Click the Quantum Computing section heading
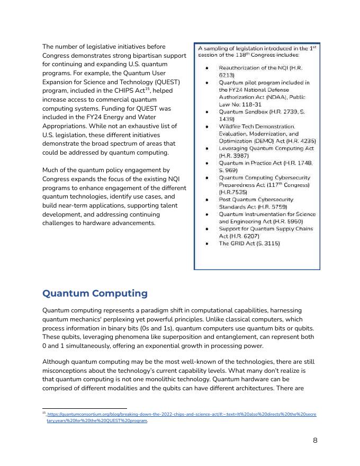tap(94, 293)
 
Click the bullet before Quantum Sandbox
tap(206, 112)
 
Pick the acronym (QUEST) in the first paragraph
tap(166, 82)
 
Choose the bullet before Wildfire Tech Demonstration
tap(206, 127)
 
